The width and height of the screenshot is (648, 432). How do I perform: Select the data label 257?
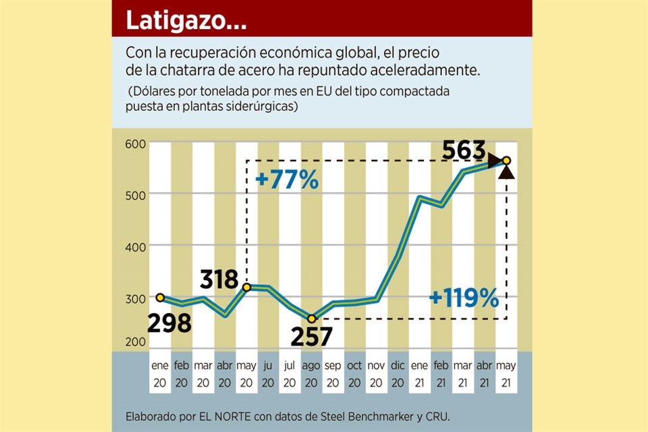311,335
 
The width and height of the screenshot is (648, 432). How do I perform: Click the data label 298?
169,323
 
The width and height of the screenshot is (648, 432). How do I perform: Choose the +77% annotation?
287,180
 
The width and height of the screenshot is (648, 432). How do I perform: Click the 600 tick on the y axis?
136,144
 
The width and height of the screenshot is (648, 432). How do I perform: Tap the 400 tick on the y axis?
136,247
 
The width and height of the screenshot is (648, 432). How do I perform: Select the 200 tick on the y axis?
136,342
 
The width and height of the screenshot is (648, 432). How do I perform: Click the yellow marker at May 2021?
506,161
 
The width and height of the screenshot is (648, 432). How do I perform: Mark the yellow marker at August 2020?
311,318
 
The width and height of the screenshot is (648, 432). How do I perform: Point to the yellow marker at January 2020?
160,297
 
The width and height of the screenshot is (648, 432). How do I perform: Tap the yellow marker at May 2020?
247,288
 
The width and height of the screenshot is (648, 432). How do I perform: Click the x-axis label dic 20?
398,373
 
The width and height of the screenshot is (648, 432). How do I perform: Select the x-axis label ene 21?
420,373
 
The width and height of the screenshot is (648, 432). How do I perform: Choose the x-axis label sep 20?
333,373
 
